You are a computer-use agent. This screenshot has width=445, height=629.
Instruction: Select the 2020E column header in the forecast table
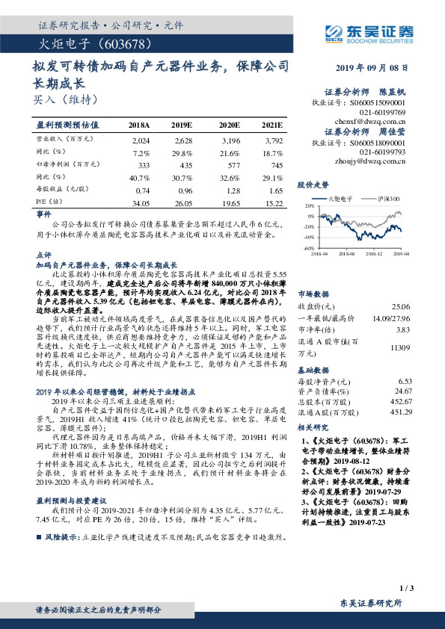pyautogui.click(x=228, y=125)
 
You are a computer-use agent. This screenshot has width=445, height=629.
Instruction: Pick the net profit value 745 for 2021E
pyautogui.click(x=276, y=164)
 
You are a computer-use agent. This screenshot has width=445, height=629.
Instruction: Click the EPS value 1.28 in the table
pyautogui.click(x=230, y=190)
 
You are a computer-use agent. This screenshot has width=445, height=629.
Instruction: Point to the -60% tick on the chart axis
pyautogui.click(x=305, y=248)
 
